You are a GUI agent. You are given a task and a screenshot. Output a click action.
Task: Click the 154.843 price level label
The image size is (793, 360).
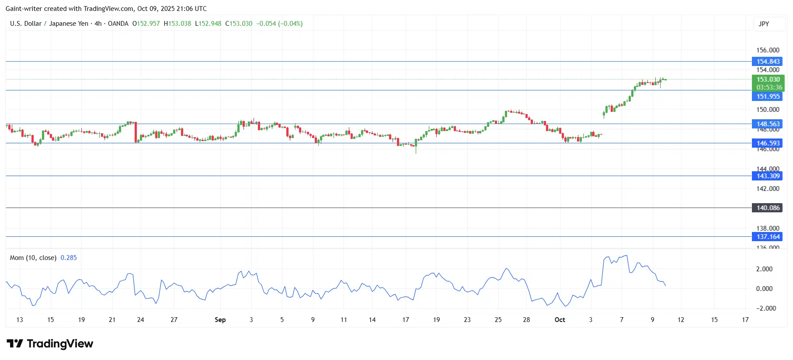point(768,62)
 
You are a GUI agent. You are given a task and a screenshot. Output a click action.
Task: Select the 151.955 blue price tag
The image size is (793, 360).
point(768,97)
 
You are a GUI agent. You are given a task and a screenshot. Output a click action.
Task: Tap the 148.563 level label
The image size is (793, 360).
point(768,124)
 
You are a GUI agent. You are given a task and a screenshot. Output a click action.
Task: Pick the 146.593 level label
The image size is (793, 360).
point(768,143)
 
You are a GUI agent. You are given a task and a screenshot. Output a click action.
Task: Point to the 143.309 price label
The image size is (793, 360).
point(768,176)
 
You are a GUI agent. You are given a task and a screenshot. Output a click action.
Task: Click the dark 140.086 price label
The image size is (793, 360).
point(768,208)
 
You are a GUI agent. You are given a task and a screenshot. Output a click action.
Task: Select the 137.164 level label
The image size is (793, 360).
point(768,237)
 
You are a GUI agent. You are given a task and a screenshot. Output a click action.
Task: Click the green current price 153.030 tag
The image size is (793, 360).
point(768,80)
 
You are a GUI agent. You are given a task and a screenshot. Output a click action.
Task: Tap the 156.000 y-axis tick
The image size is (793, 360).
point(768,50)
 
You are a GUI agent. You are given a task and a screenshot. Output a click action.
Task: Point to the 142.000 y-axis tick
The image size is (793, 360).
point(768,189)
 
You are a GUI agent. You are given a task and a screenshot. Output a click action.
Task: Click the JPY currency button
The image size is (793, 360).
point(764,24)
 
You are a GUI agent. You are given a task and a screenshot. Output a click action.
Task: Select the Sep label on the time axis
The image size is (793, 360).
point(220,320)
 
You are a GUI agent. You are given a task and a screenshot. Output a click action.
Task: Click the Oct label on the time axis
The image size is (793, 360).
point(560,320)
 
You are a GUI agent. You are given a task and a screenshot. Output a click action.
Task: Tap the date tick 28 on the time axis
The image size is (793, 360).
point(526,320)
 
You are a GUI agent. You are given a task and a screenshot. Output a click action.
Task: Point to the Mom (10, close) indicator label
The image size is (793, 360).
point(33,258)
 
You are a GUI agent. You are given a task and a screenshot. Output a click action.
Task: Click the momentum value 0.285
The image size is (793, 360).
point(69,258)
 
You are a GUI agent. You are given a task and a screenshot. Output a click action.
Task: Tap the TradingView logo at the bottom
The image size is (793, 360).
point(50,344)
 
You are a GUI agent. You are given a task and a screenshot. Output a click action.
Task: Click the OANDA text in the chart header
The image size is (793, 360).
point(118,24)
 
